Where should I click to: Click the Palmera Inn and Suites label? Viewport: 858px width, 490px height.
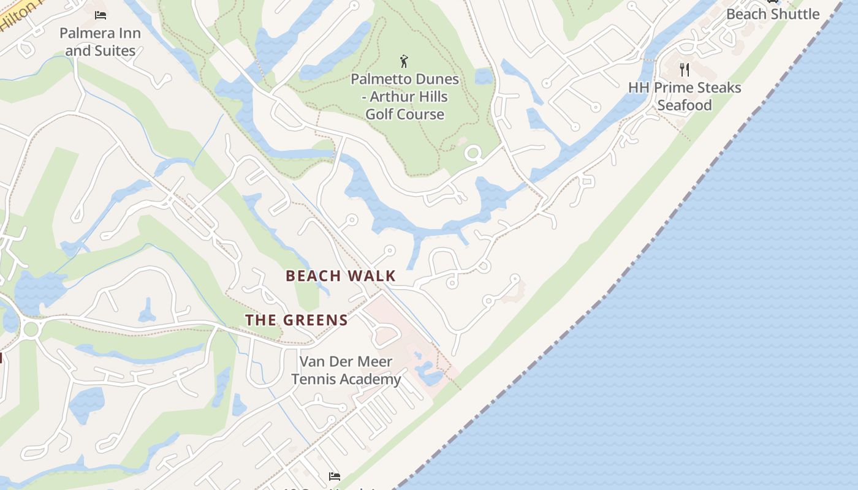pos(100,42)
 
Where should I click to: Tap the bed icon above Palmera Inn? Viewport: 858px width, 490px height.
pos(101,15)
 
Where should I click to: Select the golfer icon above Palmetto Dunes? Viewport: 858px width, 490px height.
pos(404,61)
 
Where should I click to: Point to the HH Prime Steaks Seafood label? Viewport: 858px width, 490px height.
pos(685,96)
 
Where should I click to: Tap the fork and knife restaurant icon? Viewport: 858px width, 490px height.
pos(685,70)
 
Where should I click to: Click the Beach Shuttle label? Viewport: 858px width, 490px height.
pos(772,13)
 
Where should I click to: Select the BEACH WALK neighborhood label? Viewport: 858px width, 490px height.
pos(341,276)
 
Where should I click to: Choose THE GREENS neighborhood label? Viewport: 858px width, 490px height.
pos(297,320)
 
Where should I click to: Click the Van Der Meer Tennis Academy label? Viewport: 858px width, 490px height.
pos(346,370)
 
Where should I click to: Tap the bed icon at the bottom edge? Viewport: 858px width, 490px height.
pos(334,476)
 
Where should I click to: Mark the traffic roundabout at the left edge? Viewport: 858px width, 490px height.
pos(31,330)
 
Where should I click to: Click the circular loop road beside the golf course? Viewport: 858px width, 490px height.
pos(473,153)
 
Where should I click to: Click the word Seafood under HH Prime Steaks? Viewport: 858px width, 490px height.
pos(685,105)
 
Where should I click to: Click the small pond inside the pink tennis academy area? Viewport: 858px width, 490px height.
pos(428,374)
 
